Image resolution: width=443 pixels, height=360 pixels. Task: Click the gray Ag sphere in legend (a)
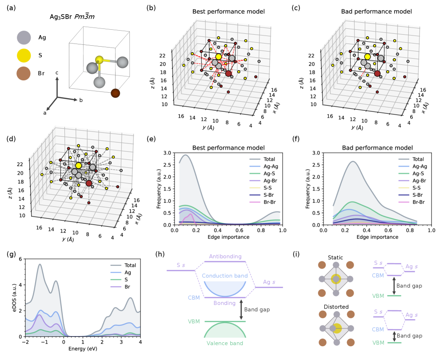25,38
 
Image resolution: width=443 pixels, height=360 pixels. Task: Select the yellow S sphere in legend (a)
25,56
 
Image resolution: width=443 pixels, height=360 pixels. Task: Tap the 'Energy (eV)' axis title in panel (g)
83,349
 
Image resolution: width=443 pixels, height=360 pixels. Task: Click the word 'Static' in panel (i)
335,257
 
